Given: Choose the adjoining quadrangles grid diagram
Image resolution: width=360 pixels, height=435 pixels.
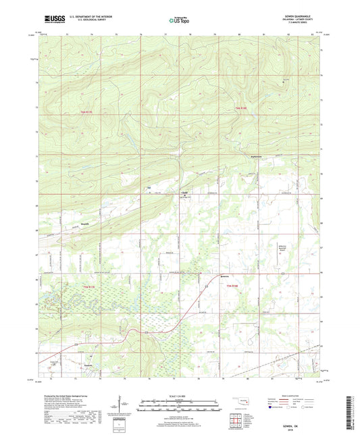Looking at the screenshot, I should point(236,420).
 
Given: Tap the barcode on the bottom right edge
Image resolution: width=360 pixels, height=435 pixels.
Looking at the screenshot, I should point(353,412).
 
